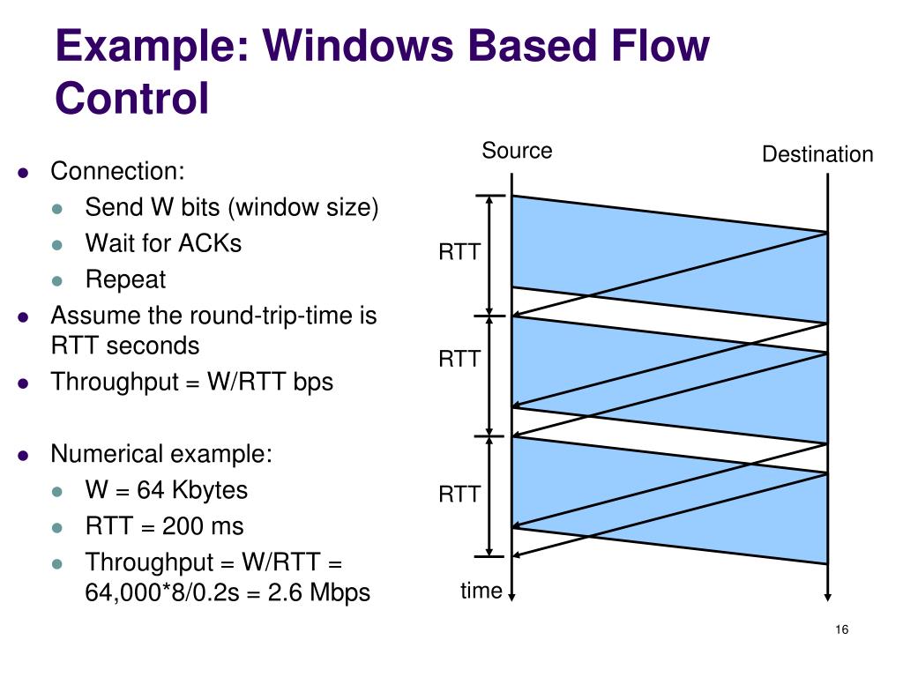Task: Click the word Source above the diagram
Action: pyautogui.click(x=517, y=151)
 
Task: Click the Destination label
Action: pyautogui.click(x=817, y=155)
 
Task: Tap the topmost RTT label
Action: pyautogui.click(x=459, y=253)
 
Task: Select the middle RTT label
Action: pyautogui.click(x=459, y=359)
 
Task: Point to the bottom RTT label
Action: pyautogui.click(x=459, y=495)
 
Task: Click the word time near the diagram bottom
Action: pyautogui.click(x=481, y=591)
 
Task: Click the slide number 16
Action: pyautogui.click(x=840, y=629)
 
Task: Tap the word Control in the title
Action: pyautogui.click(x=132, y=98)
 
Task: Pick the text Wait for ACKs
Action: pyautogui.click(x=163, y=242)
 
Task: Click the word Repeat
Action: pyautogui.click(x=125, y=279)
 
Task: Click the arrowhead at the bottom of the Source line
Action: pyautogui.click(x=512, y=595)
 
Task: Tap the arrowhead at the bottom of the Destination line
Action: pyautogui.click(x=827, y=595)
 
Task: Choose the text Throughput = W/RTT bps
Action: pyautogui.click(x=191, y=382)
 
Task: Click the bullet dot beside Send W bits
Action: pyautogui.click(x=58, y=208)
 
